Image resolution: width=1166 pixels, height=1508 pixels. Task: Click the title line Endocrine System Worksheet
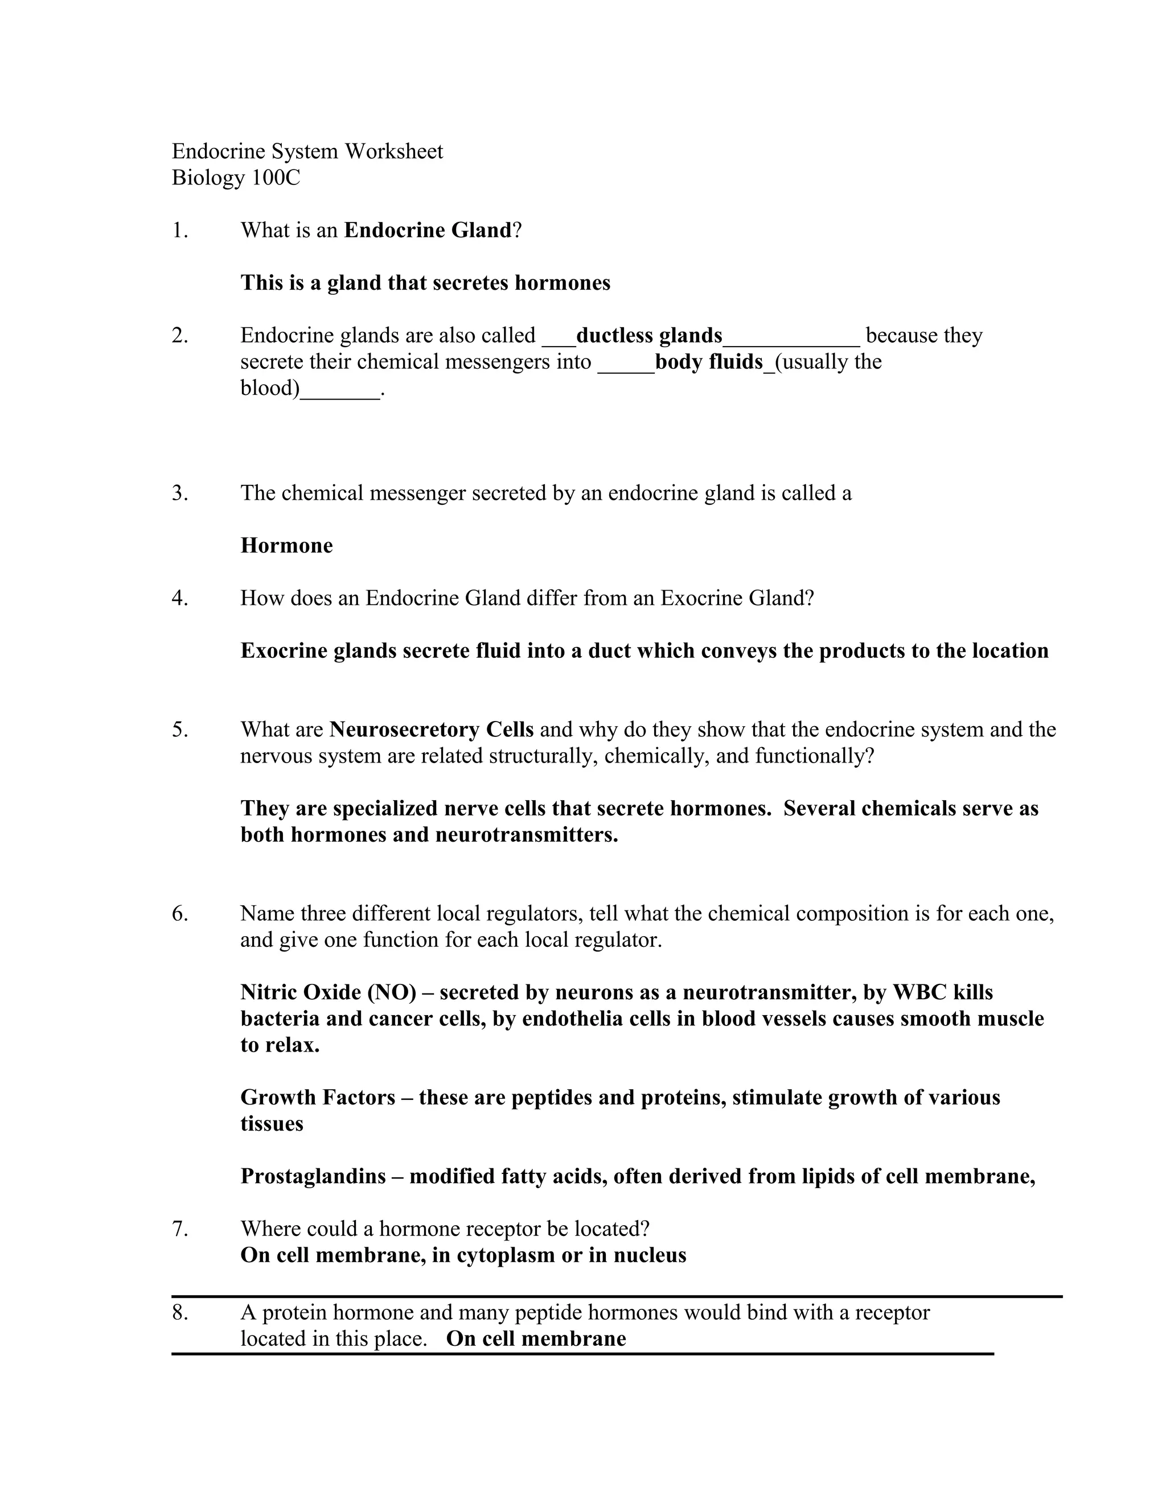click(x=307, y=151)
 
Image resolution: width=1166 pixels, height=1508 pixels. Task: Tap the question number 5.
click(x=179, y=730)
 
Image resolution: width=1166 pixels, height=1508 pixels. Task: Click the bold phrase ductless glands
click(x=648, y=336)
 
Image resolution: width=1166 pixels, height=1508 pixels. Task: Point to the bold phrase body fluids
click(x=709, y=362)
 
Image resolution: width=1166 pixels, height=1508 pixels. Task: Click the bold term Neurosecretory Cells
click(x=432, y=730)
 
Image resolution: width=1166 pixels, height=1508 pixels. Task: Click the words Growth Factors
click(x=318, y=1097)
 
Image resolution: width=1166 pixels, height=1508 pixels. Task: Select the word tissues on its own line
click(x=272, y=1123)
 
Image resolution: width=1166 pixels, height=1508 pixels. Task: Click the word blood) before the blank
click(x=270, y=389)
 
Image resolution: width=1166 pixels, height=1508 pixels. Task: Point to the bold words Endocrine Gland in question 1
click(x=428, y=230)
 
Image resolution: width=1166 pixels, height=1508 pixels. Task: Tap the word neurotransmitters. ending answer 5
click(x=527, y=835)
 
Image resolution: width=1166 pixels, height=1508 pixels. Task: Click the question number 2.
click(x=179, y=336)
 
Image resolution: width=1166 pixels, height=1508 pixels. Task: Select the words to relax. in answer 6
click(x=280, y=1045)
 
